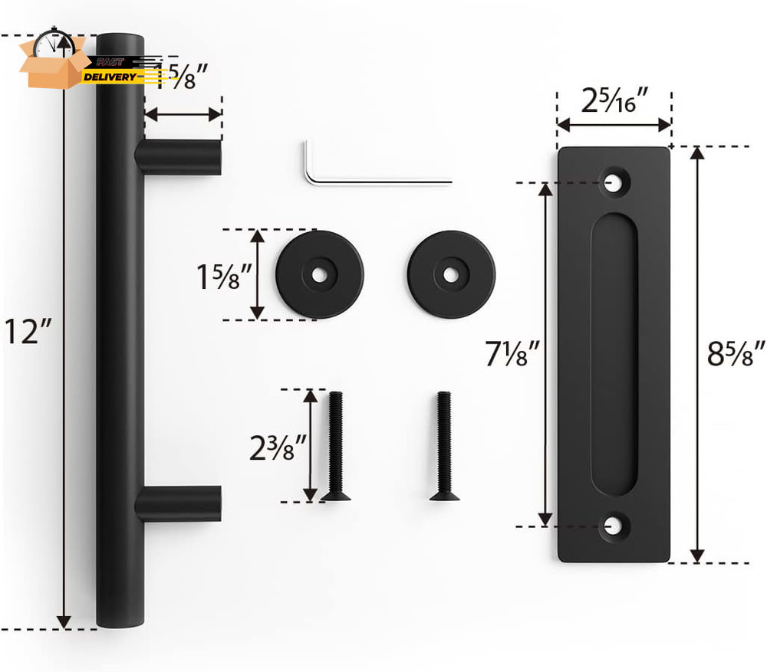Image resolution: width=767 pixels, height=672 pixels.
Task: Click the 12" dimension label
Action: (29, 331)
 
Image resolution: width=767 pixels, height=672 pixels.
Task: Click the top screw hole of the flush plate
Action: (613, 182)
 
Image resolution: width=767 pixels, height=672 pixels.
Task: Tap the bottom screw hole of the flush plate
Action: (613, 526)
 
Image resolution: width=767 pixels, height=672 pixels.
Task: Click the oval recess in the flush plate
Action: (613, 354)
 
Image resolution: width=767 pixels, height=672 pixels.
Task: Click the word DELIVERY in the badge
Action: (110, 77)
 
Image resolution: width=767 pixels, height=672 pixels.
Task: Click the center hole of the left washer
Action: (320, 274)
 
